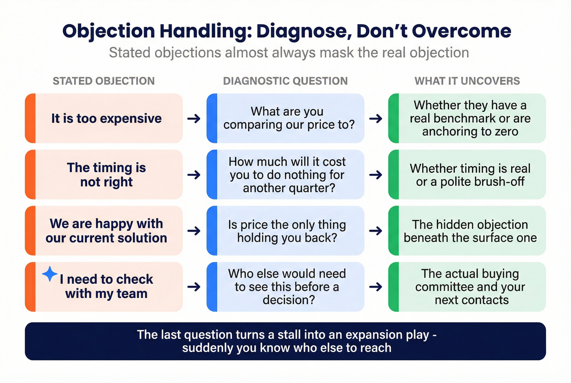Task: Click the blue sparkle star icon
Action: (50, 274)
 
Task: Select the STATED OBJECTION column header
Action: (104, 81)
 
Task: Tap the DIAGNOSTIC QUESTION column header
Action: (285, 81)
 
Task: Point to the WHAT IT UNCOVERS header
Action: (467, 81)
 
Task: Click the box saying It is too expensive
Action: (106, 119)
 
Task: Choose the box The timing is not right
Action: (106, 175)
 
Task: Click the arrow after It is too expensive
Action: (194, 119)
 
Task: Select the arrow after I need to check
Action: (194, 287)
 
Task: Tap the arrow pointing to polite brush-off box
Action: (376, 175)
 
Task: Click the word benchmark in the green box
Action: (469, 118)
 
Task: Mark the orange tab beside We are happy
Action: (30, 231)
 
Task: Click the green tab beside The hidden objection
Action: (394, 231)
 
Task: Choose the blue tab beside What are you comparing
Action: (212, 119)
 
